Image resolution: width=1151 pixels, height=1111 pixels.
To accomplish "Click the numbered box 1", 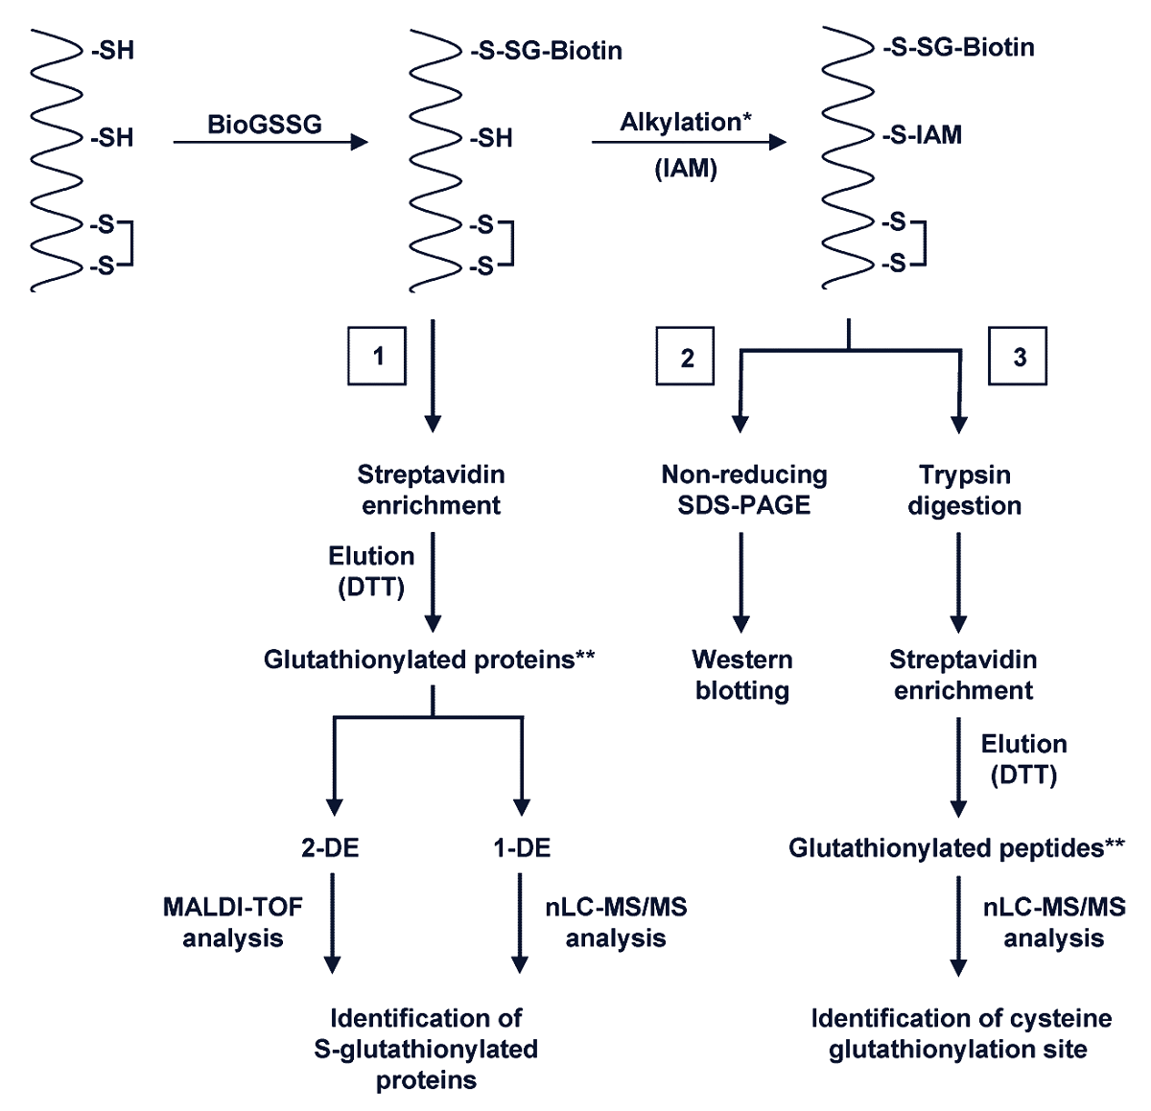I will (x=376, y=357).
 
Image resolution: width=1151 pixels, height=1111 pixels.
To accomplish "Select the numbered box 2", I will (x=685, y=357).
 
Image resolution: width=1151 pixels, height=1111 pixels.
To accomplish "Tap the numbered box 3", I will (x=1018, y=357).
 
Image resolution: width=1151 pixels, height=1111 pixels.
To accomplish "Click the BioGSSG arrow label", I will (x=265, y=124).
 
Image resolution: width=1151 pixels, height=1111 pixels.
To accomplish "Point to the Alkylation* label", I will (x=686, y=122).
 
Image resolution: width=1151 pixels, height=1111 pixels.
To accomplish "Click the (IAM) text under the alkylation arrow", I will (x=686, y=169).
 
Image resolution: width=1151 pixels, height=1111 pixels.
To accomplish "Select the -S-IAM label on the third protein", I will (x=922, y=135).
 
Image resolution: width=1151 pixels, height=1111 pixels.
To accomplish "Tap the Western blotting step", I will (x=742, y=675).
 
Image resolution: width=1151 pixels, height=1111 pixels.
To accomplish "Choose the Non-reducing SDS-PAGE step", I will (x=744, y=490).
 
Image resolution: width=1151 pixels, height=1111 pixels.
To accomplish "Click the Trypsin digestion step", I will (x=964, y=490).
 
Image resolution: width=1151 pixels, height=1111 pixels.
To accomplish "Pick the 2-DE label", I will (x=331, y=847).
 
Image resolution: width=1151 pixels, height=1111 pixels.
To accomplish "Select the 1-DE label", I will (x=522, y=847).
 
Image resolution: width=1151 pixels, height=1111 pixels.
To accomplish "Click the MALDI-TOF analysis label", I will (x=233, y=922).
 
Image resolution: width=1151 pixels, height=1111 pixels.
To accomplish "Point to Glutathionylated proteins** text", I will (x=430, y=660).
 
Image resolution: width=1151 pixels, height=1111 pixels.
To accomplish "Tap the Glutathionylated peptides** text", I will (x=956, y=847).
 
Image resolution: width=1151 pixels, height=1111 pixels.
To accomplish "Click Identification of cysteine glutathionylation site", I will (x=960, y=1033).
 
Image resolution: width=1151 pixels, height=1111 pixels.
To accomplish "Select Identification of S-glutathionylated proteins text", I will (x=426, y=1049).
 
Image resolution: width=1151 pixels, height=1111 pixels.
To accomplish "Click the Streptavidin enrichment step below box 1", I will (x=432, y=490).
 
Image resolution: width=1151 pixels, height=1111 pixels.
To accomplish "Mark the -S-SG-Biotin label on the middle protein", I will (x=546, y=50).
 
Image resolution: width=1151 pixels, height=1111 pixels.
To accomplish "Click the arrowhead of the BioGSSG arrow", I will (x=360, y=143).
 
